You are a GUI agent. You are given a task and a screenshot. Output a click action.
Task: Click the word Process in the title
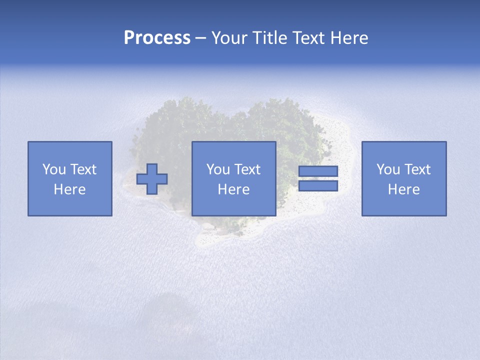coord(157,38)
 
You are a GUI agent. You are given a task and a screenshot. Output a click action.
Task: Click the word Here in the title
coord(349,38)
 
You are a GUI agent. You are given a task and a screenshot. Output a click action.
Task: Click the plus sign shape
coord(152,179)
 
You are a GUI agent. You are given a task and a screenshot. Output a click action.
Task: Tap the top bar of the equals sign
coord(318,171)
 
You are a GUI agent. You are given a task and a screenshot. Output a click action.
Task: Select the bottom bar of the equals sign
coord(318,186)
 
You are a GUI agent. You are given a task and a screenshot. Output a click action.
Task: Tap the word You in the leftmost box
coord(54,169)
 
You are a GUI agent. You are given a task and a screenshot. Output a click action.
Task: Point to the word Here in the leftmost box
coord(70,189)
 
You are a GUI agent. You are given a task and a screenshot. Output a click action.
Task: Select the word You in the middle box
coord(218,169)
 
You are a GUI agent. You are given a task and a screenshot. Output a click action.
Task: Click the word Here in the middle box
coord(234,189)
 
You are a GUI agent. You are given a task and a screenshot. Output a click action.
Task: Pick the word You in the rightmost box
coord(388,169)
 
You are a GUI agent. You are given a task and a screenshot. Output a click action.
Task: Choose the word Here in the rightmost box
coord(404,189)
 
